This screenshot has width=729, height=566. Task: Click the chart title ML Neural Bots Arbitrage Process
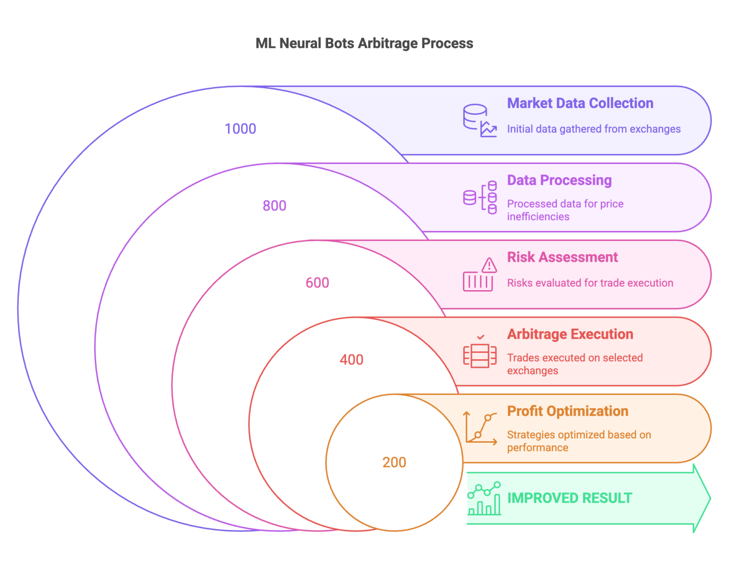(x=364, y=43)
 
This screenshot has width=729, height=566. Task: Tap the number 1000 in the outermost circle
(x=241, y=129)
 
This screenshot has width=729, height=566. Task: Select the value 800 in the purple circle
(x=274, y=206)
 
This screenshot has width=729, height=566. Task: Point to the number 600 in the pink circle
(x=317, y=283)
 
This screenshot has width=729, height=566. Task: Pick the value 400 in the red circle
(x=351, y=360)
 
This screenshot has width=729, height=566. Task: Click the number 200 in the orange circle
(x=394, y=463)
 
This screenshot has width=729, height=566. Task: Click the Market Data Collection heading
(x=580, y=103)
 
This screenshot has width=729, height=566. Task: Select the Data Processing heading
(x=559, y=180)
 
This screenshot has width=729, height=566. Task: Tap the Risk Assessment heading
(x=562, y=257)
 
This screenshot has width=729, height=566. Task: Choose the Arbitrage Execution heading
(x=570, y=334)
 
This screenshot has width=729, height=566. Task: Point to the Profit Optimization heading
(x=567, y=411)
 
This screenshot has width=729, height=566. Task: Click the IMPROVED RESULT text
(x=570, y=498)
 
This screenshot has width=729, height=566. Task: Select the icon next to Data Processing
(x=480, y=198)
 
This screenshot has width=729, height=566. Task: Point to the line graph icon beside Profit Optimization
(x=480, y=428)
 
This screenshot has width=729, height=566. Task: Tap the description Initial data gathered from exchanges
(x=594, y=129)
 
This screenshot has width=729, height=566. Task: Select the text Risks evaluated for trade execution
(x=590, y=283)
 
